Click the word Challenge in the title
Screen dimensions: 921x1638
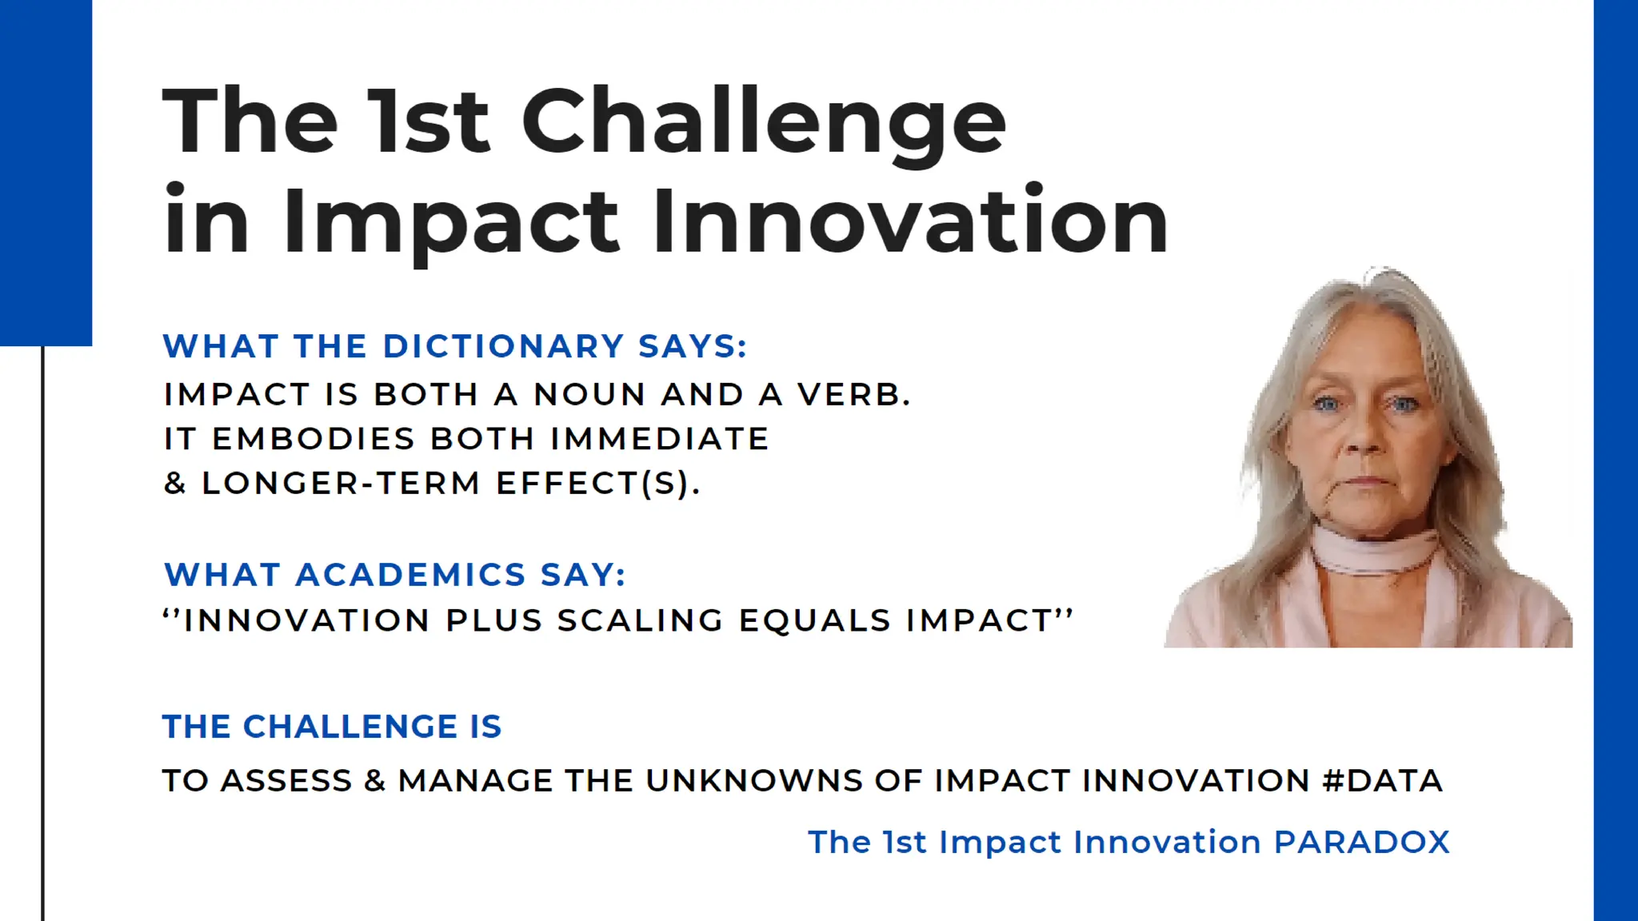[x=764, y=122]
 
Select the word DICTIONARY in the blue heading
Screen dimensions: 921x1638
[x=503, y=346]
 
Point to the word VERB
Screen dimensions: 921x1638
[x=853, y=395]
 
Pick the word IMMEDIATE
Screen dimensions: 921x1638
[x=659, y=439]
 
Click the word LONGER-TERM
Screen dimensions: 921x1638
[x=341, y=483]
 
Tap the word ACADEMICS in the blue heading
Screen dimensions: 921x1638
[x=410, y=575]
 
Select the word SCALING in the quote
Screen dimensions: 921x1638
[x=640, y=620]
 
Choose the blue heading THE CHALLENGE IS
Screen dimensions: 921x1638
[x=332, y=727]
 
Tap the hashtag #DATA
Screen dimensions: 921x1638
[x=1382, y=780]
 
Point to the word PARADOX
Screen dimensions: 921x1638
[x=1361, y=842]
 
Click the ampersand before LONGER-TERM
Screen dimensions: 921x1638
[x=174, y=483]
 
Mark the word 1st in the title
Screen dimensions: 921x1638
[x=427, y=122]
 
